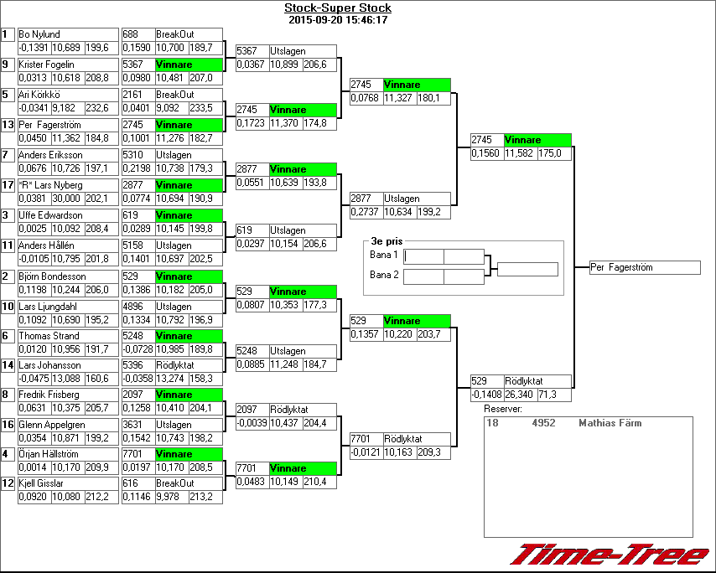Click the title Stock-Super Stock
337,8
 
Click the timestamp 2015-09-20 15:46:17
337,19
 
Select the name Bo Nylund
39,34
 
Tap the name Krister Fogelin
45,65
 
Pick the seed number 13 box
8,125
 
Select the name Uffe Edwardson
50,215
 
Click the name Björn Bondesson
52,276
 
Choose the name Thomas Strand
49,336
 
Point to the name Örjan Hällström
52,454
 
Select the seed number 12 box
8,483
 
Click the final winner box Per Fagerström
644,268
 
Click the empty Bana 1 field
444,256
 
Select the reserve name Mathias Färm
610,424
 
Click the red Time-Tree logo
610,555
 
